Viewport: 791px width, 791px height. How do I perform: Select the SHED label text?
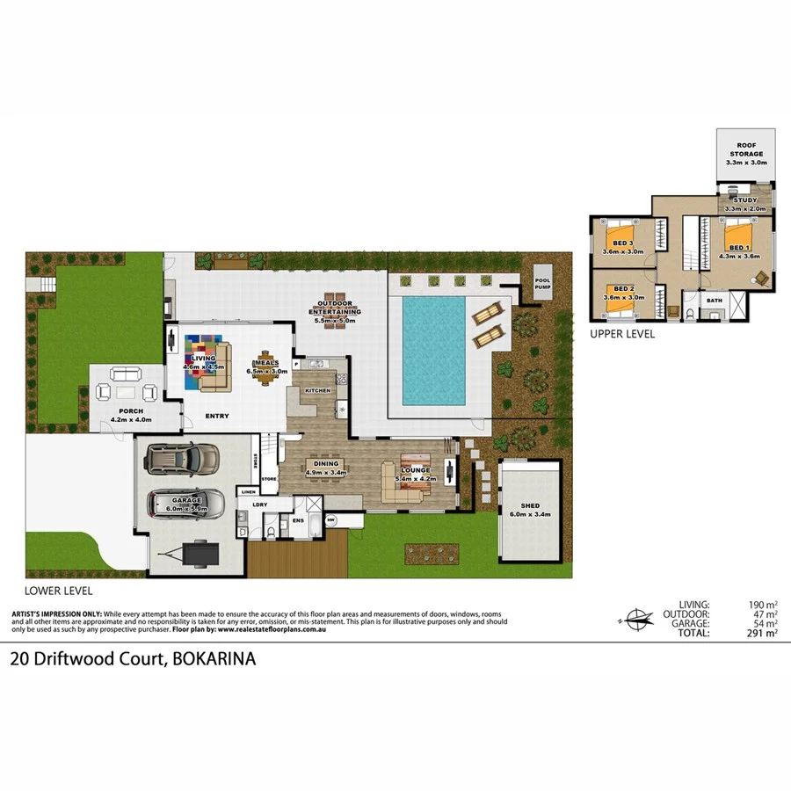click(x=530, y=506)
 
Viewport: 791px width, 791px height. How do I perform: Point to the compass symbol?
click(x=635, y=618)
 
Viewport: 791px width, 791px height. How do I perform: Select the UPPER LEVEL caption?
click(x=622, y=334)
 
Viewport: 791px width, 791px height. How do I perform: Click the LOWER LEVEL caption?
click(x=58, y=591)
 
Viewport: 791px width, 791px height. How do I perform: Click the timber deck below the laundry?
click(x=297, y=559)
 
